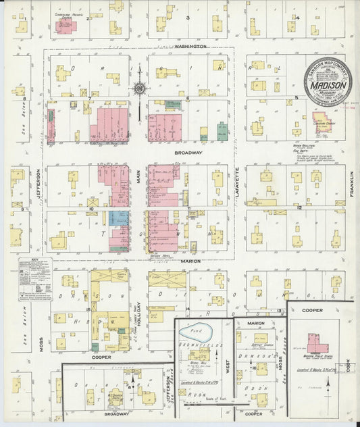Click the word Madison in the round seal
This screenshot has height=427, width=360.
tap(328, 85)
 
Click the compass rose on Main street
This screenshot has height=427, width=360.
tap(138, 88)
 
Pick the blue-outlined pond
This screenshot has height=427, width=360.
tap(196, 332)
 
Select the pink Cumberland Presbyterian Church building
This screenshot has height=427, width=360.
tap(66, 26)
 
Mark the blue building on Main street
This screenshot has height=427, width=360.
tap(119, 218)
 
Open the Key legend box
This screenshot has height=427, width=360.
tap(34, 278)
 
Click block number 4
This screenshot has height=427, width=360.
tap(297, 18)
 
